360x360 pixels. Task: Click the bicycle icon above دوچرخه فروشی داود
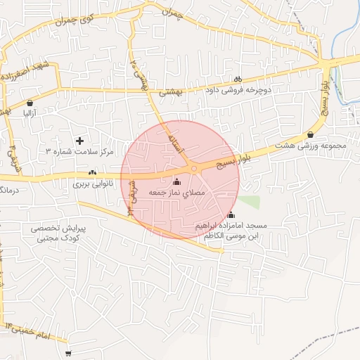237,79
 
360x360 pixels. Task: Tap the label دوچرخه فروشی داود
236,91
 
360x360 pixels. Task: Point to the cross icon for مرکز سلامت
79,141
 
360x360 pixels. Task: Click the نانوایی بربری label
92,184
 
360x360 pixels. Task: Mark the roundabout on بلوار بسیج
193,169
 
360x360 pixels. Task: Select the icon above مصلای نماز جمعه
176,183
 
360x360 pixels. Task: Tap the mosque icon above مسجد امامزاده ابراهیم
232,216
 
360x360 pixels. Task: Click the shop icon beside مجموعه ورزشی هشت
311,135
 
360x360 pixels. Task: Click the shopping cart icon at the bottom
68,354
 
